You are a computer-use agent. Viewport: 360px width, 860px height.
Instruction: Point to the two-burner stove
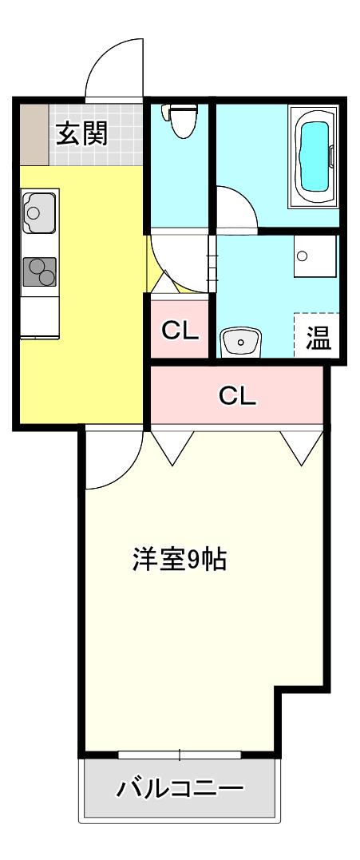pyautogui.click(x=39, y=271)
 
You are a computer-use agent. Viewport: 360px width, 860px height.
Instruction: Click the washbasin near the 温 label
pyautogui.click(x=240, y=342)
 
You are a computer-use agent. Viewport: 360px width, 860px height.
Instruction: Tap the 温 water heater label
pyautogui.click(x=318, y=338)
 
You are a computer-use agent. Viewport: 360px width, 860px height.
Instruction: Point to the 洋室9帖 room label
pyautogui.click(x=179, y=559)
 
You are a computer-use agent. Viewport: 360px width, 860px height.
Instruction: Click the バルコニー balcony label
pyautogui.click(x=179, y=789)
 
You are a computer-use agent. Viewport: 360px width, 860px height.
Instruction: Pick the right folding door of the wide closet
pyautogui.click(x=302, y=447)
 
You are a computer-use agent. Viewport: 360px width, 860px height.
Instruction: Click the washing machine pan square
pyautogui.click(x=315, y=256)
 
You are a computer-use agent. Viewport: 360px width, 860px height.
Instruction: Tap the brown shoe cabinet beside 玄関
pyautogui.click(x=35, y=134)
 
